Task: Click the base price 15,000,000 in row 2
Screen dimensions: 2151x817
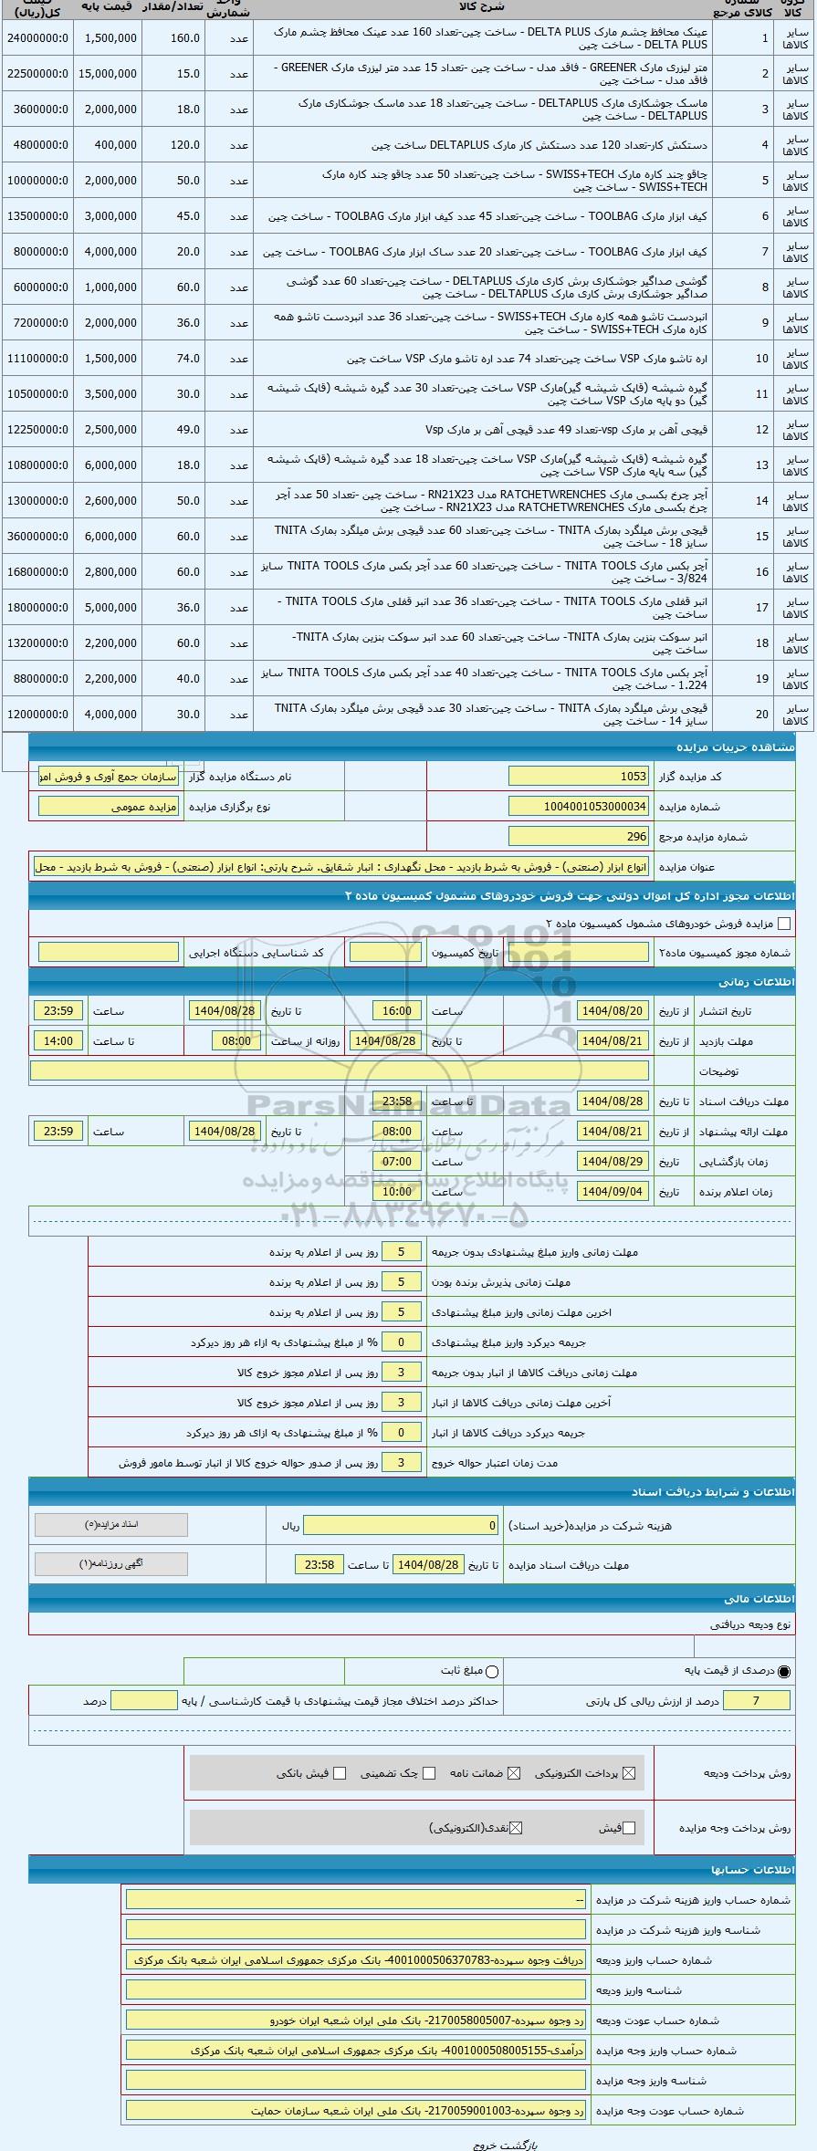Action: (x=109, y=74)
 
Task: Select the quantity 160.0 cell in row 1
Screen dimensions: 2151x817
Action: (x=185, y=38)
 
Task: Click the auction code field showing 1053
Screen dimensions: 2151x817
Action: (x=578, y=777)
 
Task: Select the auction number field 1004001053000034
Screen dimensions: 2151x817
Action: (x=578, y=807)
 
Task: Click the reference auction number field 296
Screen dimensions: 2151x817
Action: (x=578, y=836)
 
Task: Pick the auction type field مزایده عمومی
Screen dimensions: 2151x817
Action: (x=109, y=807)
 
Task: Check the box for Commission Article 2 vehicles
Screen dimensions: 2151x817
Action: (x=784, y=924)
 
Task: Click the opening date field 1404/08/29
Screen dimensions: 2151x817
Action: (x=613, y=1162)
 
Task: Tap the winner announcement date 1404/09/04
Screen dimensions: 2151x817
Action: (x=613, y=1192)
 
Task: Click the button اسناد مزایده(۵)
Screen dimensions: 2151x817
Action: (x=110, y=1525)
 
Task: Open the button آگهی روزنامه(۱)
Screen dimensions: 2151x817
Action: (x=110, y=1563)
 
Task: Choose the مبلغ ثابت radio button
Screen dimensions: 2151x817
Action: (x=493, y=1671)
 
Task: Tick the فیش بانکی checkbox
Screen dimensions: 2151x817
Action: (x=340, y=1773)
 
